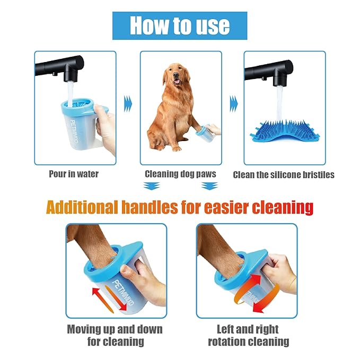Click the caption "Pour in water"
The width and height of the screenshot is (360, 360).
coord(74,174)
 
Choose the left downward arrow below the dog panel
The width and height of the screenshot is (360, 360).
coord(152,186)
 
